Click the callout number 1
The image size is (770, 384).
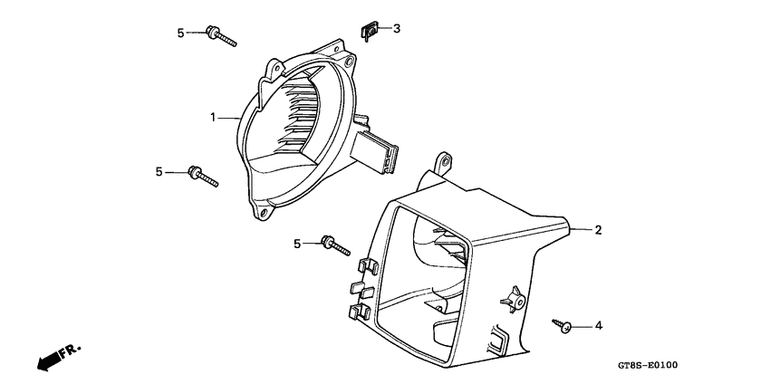[213, 118]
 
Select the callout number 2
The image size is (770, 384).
[598, 230]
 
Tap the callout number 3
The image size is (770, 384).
[396, 29]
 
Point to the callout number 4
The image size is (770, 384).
[598, 325]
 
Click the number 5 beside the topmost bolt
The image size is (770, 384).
[180, 34]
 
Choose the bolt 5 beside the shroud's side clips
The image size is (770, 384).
[336, 245]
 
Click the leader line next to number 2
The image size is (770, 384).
[580, 230]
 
